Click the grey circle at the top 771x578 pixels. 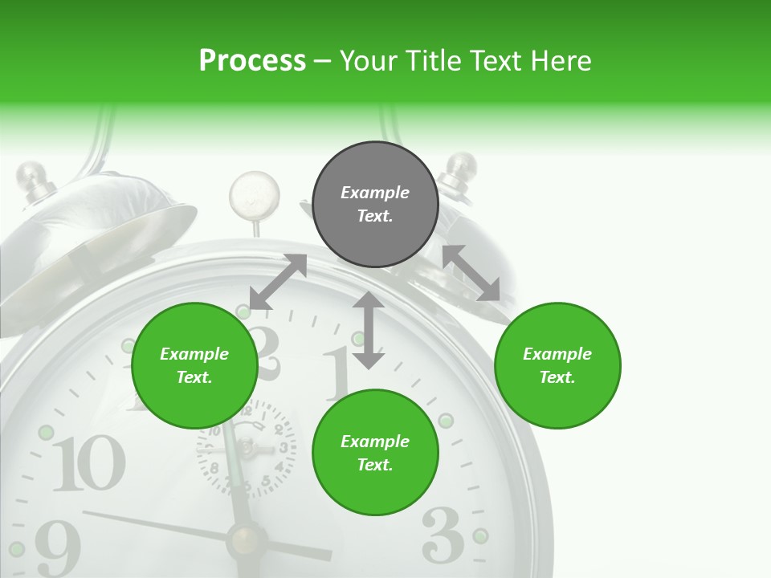pos(375,204)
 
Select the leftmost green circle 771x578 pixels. pos(194,365)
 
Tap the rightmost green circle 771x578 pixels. pos(557,365)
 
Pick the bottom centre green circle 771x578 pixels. pos(375,453)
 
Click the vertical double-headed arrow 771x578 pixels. pos(369,330)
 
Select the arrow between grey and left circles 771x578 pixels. pos(278,282)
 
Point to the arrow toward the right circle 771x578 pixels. pos(471,273)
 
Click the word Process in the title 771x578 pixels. pos(252,60)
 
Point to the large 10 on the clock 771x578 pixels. pos(89,464)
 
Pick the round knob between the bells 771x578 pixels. pos(255,193)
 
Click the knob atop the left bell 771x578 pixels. pos(32,177)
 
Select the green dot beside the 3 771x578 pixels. pos(480,535)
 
